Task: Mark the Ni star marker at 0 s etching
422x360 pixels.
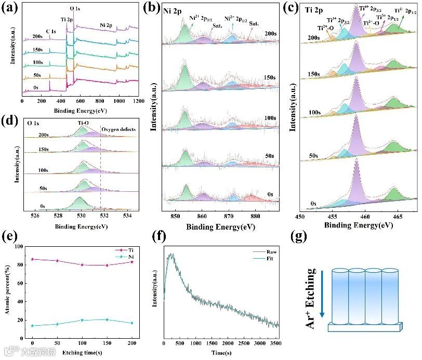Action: [32, 326]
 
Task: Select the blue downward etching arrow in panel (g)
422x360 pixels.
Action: [322, 293]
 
